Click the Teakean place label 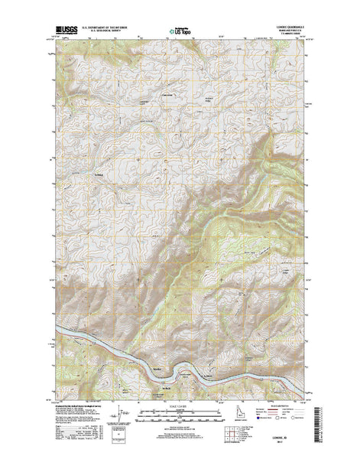[76, 156]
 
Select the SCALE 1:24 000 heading [180, 394]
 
